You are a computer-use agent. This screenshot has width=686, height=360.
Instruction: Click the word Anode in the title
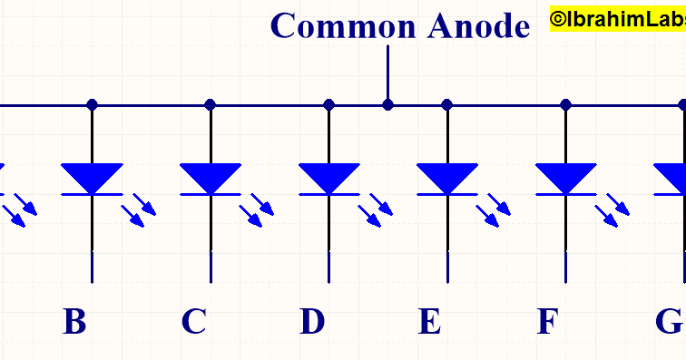click(477, 25)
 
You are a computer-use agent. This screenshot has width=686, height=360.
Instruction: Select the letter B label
click(74, 322)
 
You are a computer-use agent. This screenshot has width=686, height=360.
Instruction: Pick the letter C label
click(193, 322)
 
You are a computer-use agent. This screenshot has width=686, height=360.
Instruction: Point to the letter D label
click(312, 322)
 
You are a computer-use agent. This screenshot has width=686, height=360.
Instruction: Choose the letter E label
click(430, 322)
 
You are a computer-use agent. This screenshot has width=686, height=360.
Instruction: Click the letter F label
click(546, 322)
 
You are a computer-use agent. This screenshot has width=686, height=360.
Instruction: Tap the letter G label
click(668, 322)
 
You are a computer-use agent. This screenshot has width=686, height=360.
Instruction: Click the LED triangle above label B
click(92, 177)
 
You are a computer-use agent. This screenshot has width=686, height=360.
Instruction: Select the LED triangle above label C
click(211, 177)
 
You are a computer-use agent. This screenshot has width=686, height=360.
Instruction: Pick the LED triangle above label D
click(329, 177)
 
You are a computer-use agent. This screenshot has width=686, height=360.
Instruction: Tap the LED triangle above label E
click(446, 177)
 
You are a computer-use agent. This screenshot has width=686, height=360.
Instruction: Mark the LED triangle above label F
click(566, 177)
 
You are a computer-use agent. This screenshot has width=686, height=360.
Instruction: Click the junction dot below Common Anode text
click(388, 104)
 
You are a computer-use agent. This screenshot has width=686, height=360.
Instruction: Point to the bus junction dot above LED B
click(92, 104)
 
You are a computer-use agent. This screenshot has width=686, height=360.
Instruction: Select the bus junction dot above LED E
click(446, 104)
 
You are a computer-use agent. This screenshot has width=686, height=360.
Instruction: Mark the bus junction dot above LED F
click(566, 104)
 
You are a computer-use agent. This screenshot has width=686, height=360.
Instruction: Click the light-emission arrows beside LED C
click(257, 210)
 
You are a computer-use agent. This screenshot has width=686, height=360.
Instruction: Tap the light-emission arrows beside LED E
click(493, 210)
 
